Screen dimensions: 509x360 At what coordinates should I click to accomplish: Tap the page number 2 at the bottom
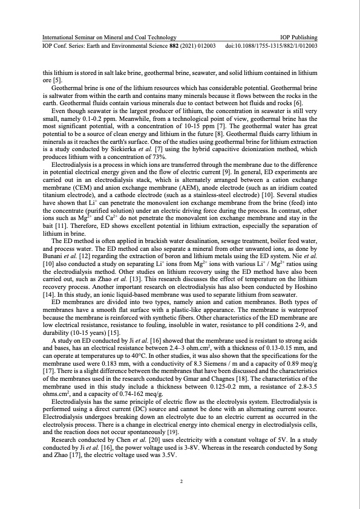pyautogui.click(x=180, y=481)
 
